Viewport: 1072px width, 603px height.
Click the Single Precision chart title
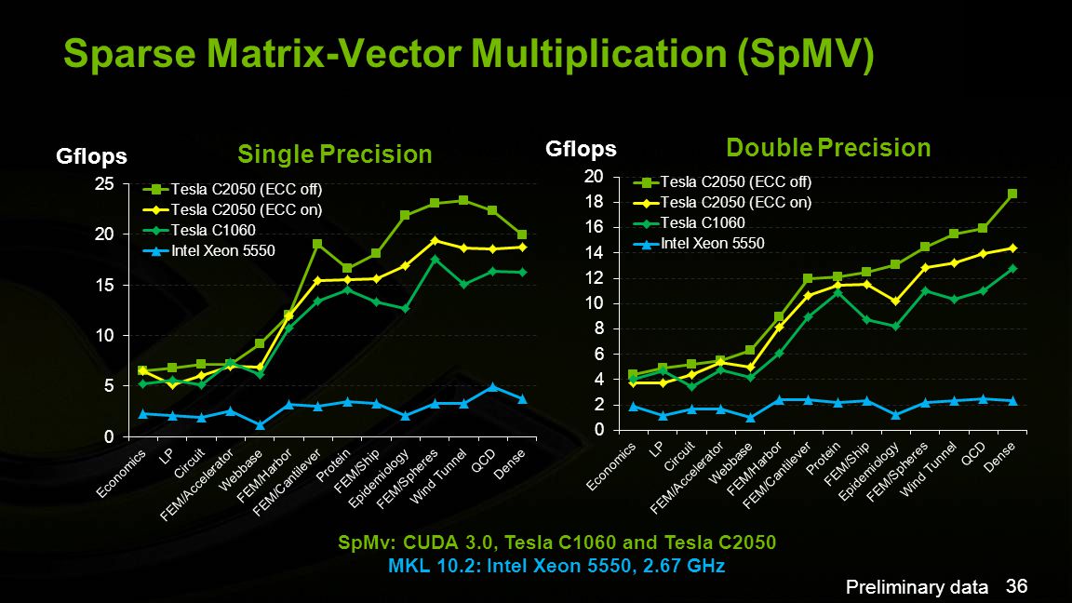(x=335, y=154)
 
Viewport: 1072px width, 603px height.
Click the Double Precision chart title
(x=828, y=148)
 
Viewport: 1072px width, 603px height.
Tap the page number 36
(x=1016, y=586)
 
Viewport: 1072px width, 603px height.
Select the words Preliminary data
(x=917, y=587)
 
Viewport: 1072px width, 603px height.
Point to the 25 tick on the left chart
(x=104, y=184)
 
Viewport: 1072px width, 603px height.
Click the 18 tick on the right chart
(x=594, y=202)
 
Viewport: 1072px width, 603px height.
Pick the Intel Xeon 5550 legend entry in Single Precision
(x=209, y=251)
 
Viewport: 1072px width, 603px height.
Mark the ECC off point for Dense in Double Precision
(x=1012, y=194)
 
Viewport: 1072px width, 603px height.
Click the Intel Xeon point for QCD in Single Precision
(x=492, y=387)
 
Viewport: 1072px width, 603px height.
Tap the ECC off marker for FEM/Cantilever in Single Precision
(x=317, y=244)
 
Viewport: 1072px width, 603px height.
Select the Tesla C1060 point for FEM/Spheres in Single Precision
(x=435, y=259)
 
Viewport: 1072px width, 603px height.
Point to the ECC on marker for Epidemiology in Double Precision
(x=895, y=301)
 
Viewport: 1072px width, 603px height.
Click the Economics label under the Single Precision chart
(x=121, y=474)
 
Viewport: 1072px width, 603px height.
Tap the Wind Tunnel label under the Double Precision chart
(x=929, y=468)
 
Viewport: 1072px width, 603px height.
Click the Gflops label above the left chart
(x=91, y=156)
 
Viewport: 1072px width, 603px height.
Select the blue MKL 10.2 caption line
(x=556, y=566)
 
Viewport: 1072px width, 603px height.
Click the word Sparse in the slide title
(x=130, y=53)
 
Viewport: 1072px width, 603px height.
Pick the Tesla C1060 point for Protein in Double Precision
(x=837, y=292)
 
